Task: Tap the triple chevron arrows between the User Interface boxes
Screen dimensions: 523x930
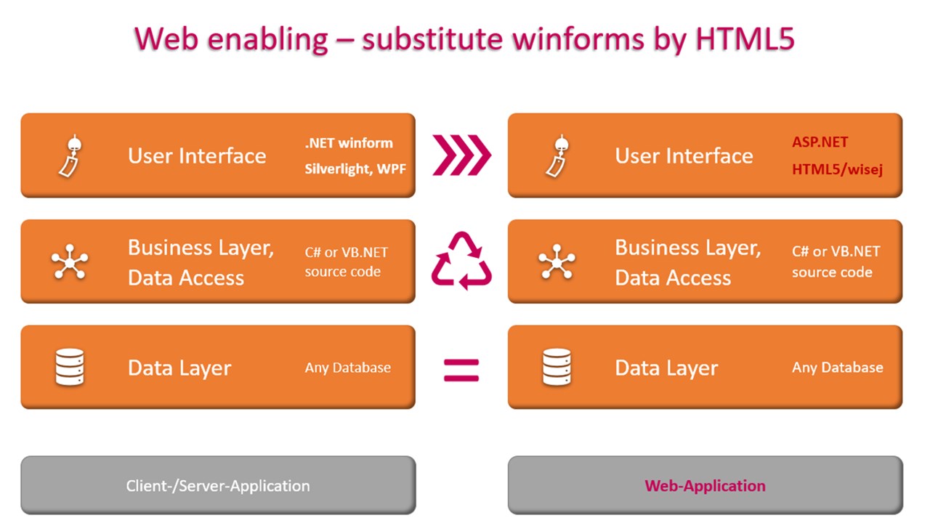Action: click(461, 155)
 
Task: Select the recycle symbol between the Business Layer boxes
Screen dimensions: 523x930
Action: click(461, 261)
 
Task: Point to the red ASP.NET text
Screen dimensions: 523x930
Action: click(820, 142)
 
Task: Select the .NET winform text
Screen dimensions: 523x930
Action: click(349, 142)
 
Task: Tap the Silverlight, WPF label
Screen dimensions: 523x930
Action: click(355, 170)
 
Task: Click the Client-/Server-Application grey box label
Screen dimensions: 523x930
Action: click(218, 486)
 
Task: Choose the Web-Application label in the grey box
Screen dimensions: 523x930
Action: click(705, 486)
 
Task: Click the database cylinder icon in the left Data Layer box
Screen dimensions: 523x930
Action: click(70, 368)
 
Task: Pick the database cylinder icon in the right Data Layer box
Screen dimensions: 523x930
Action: click(557, 368)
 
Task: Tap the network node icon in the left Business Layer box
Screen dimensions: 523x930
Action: click(70, 262)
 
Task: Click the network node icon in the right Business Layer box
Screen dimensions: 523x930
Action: click(557, 262)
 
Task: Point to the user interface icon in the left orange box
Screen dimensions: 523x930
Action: click(69, 155)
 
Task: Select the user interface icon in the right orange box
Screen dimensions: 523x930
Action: click(557, 155)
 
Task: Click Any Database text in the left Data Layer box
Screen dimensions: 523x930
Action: click(347, 368)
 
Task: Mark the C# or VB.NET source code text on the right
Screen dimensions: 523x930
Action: click(836, 261)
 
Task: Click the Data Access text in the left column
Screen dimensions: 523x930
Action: click(186, 277)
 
